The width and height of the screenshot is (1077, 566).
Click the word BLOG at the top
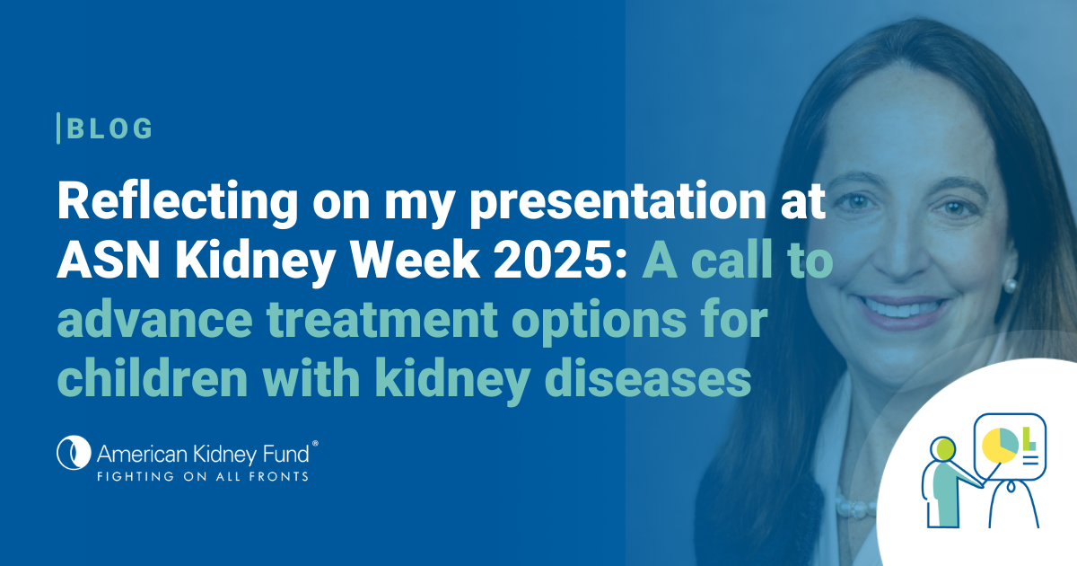tap(109, 128)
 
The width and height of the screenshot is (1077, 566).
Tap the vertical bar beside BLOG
tap(58, 128)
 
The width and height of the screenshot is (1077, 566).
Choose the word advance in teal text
tap(154, 319)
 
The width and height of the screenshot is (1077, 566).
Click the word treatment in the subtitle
tap(382, 319)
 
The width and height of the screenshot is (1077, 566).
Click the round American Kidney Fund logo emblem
tap(74, 453)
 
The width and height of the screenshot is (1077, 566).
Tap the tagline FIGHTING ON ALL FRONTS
tap(203, 476)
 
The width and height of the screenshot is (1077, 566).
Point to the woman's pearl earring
tap(1009, 285)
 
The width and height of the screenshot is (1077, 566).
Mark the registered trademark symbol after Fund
tap(315, 443)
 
